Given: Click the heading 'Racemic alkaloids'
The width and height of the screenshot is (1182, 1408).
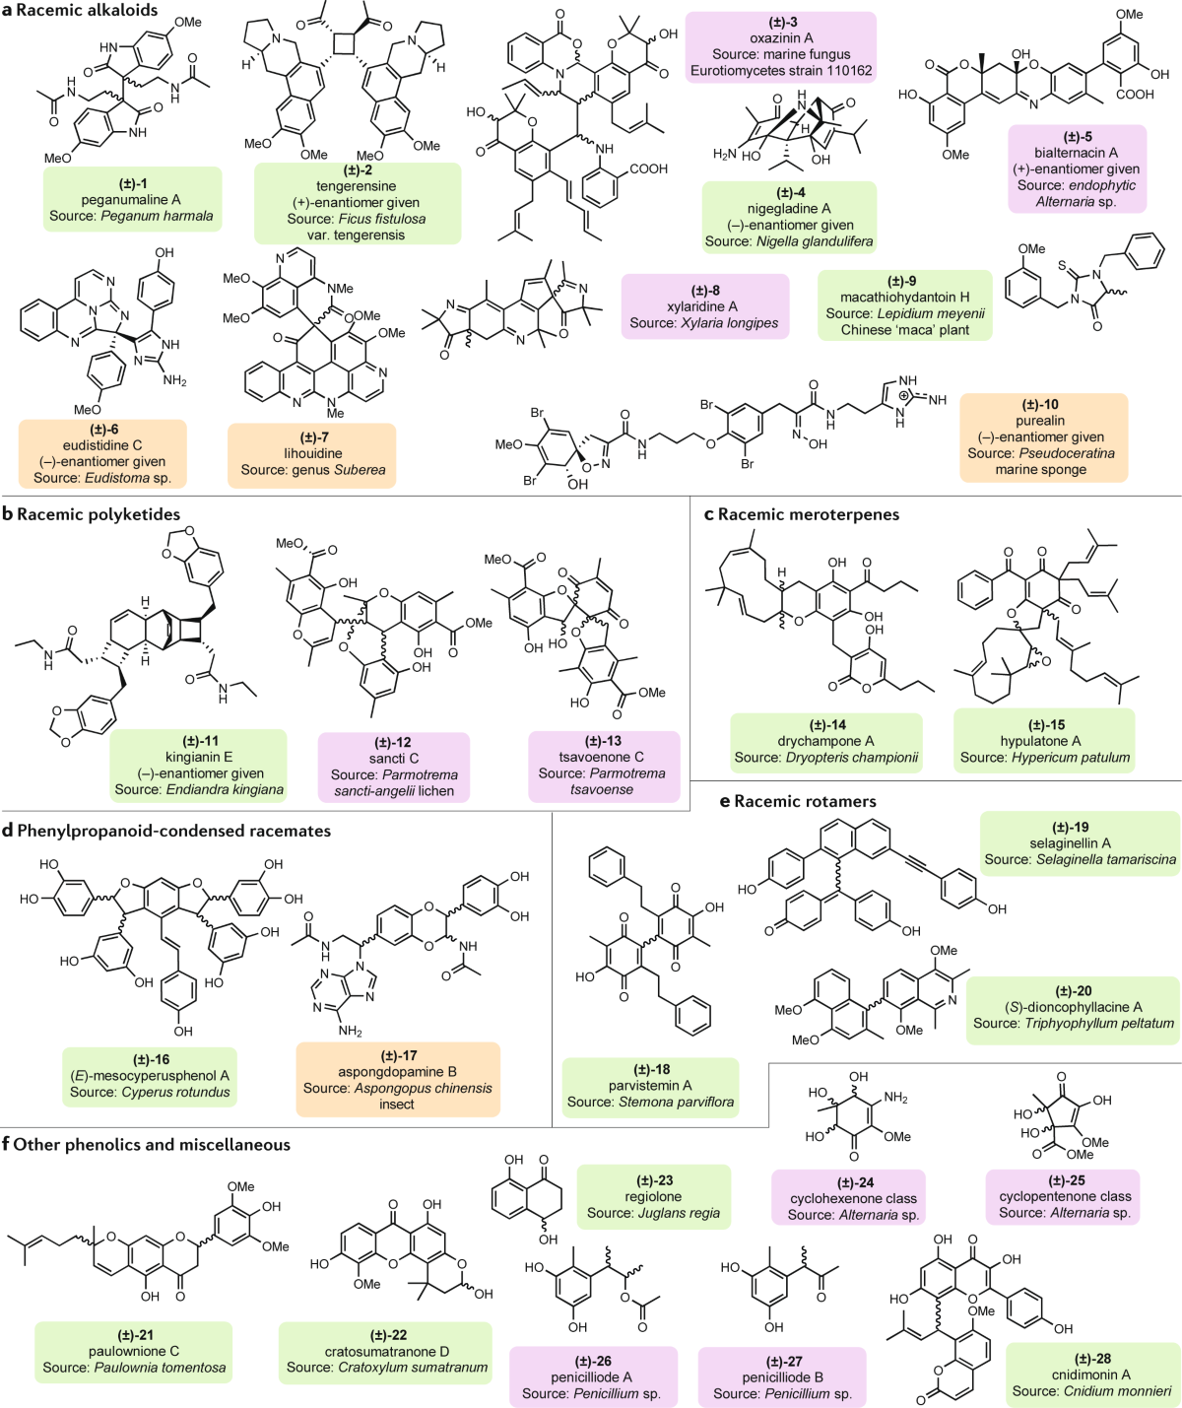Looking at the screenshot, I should point(87,10).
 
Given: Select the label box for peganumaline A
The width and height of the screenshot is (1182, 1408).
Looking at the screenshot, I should point(131,199).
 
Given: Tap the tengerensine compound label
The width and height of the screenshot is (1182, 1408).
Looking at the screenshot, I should point(357,203).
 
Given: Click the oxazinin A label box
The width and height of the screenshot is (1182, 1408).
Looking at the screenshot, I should point(781,46).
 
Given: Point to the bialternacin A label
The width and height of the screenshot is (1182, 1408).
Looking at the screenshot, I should point(1077,168).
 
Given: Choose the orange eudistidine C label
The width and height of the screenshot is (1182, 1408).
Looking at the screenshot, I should point(102,453).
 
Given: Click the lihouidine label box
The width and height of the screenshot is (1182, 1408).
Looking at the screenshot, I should point(313,454).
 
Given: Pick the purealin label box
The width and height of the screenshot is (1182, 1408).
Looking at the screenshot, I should point(1044,436).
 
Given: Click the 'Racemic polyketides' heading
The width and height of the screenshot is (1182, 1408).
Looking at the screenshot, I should point(98,514).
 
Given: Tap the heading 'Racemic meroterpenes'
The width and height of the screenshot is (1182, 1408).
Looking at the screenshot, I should point(809,514).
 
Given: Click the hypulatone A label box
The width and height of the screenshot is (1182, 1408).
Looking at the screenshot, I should point(1044,741).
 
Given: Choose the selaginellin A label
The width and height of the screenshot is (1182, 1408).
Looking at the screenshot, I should point(1080,843).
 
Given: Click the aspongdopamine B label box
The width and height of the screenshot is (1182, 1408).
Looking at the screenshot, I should point(397,1080).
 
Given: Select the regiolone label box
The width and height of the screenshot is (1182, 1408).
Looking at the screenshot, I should point(653,1197).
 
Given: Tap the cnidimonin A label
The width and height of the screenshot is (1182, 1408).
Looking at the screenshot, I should point(1091,1374).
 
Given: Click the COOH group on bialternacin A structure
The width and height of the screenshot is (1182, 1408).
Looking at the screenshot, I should point(1135,95).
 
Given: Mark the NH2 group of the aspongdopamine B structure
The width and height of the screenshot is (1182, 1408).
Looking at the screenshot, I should point(351,1031).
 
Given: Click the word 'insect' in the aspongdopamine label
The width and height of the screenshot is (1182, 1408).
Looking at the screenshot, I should point(397,1105).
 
